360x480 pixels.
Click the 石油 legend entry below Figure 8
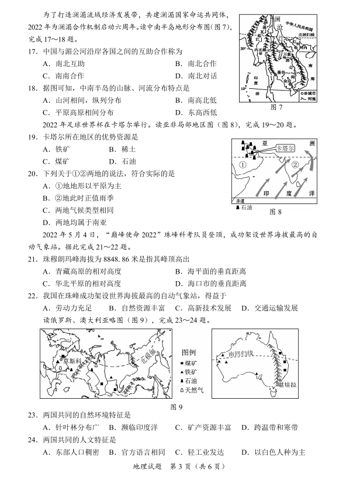245,207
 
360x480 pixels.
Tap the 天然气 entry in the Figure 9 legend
192,391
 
